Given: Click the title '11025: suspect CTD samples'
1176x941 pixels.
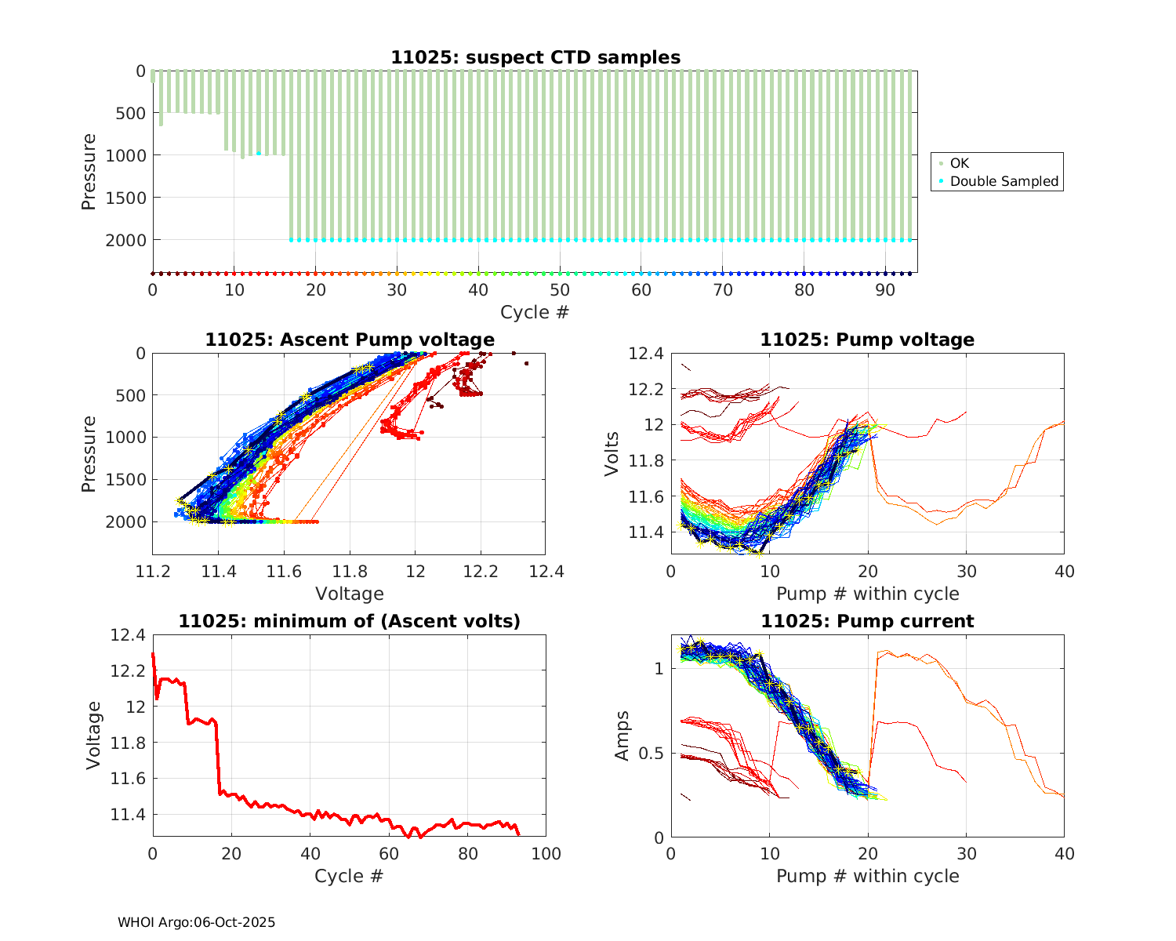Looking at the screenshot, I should (535, 57).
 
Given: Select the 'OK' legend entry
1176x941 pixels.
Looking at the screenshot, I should (959, 163).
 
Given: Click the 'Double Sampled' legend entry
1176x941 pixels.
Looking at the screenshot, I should (1004, 181).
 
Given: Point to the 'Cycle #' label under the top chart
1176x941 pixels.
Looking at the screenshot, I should (535, 312).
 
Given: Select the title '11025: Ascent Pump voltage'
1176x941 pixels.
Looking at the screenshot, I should (350, 340).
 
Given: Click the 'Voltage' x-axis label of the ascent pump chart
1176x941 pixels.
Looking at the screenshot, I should (349, 594).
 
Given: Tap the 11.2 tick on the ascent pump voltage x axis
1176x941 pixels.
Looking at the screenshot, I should (153, 571).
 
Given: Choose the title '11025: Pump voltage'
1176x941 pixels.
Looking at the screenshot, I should (867, 340).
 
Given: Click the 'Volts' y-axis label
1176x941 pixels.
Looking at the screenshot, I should (612, 454).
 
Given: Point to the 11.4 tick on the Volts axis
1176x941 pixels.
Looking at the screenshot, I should (646, 532).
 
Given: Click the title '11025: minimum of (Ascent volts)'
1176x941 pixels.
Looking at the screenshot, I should (350, 621).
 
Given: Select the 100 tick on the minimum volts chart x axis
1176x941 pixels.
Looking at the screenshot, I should (546, 853).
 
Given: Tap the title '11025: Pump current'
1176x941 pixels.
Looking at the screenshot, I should (867, 621).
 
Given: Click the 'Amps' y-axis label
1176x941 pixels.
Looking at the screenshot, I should (622, 736).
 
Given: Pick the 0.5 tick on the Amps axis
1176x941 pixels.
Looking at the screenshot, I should (652, 754).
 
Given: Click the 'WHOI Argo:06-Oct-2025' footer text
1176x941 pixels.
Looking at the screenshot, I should (196, 922).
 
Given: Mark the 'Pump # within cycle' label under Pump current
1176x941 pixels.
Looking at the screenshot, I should (867, 876).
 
